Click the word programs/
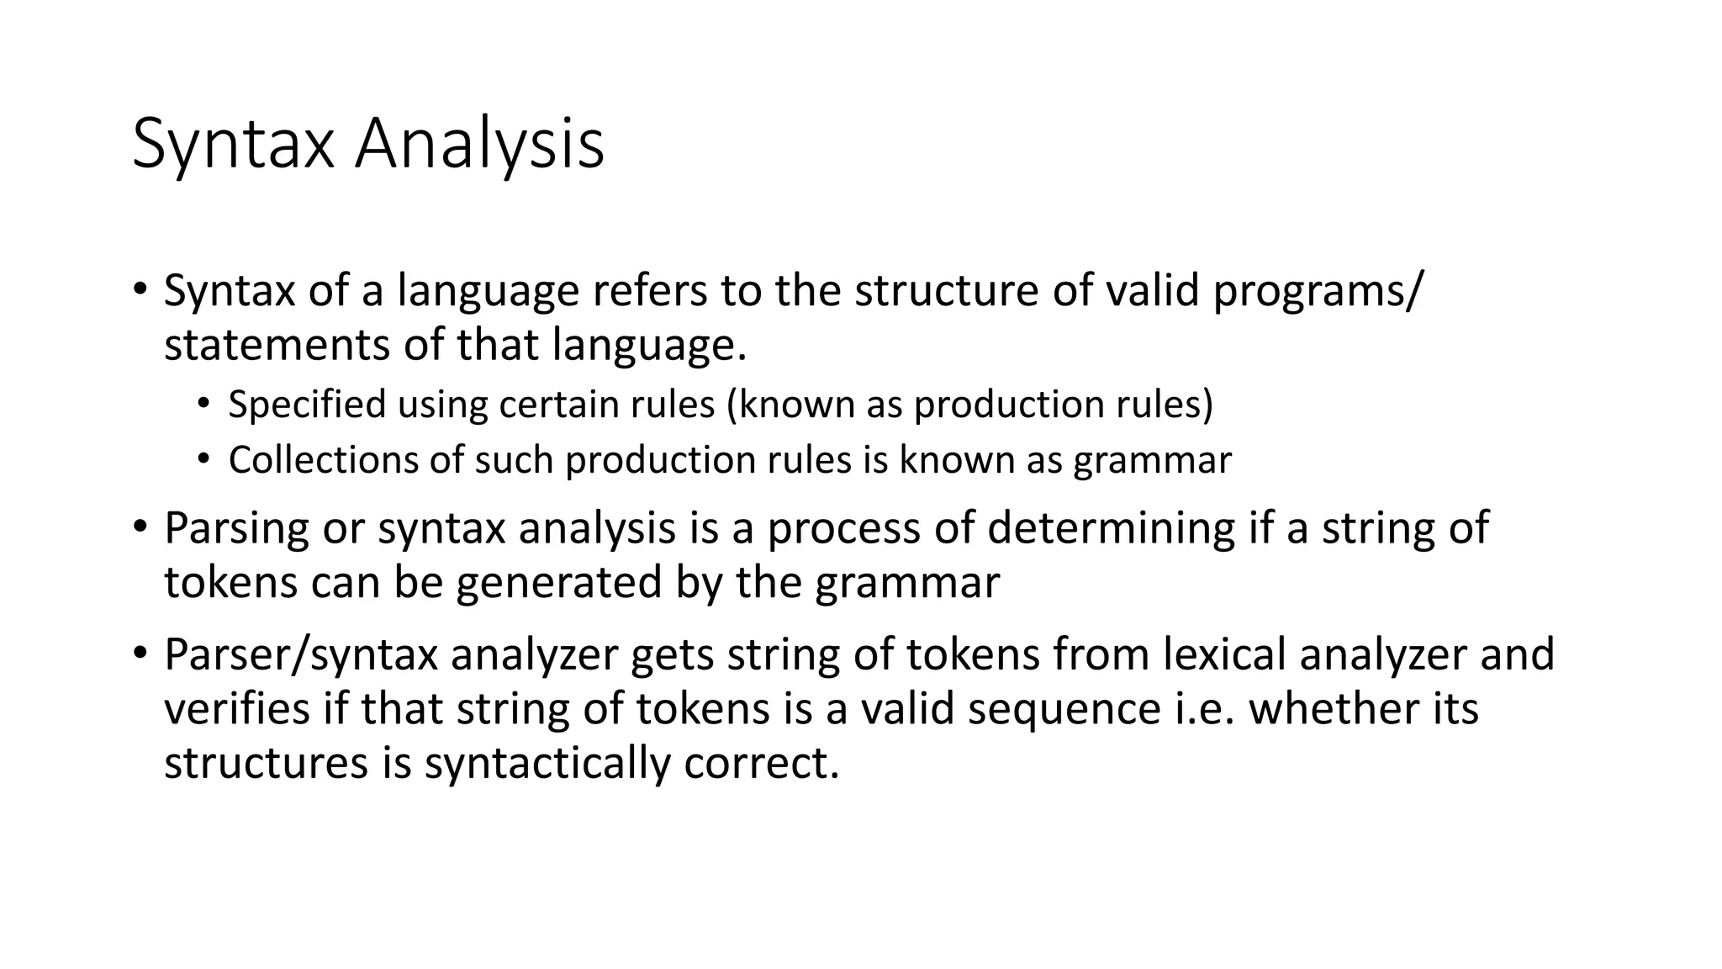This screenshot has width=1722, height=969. [x=1318, y=291]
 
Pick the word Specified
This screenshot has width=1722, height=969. [x=307, y=405]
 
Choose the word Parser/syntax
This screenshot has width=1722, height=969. [x=301, y=654]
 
